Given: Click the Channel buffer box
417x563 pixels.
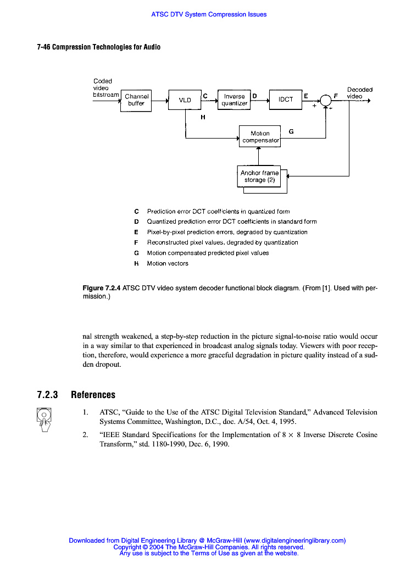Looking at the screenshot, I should [x=136, y=100].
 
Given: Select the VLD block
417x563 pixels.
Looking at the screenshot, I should [x=185, y=100].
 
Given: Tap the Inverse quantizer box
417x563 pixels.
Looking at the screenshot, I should [x=234, y=100].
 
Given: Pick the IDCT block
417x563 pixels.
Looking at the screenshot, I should [x=286, y=100].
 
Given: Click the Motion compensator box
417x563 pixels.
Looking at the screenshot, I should [x=260, y=136].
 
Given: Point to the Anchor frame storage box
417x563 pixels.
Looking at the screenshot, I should [x=259, y=176].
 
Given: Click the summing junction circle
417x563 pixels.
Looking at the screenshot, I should [x=326, y=100].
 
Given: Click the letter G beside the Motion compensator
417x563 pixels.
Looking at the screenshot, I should [x=291, y=131].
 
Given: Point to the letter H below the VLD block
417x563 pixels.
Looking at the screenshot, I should [x=203, y=117].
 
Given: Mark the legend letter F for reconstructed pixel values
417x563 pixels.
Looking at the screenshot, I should [x=136, y=242].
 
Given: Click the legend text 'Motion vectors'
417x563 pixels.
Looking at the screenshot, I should [x=168, y=263].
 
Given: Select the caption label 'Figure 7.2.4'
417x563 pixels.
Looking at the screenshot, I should [x=101, y=288].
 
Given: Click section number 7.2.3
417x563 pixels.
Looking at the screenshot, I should [x=47, y=395].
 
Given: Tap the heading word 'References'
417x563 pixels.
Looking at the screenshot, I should [x=93, y=395].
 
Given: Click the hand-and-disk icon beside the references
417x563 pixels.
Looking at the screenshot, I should [x=44, y=419].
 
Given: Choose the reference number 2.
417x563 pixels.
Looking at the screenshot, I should [x=85, y=435].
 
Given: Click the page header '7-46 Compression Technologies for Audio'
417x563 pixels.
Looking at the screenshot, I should [x=98, y=47].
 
